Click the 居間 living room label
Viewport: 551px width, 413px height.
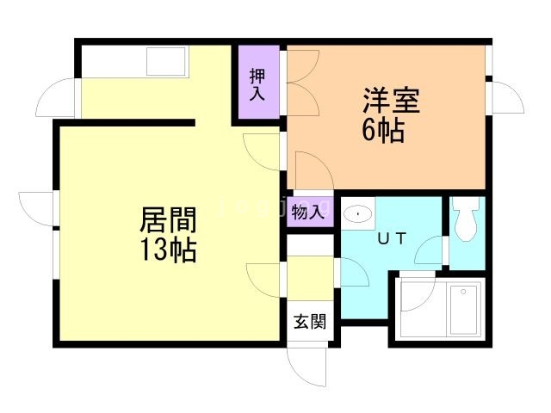tap(168, 220)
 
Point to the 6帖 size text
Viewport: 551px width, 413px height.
tap(385, 132)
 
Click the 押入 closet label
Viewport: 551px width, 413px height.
tap(257, 83)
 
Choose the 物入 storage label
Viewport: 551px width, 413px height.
tap(307, 211)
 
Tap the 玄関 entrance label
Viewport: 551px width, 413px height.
tap(310, 323)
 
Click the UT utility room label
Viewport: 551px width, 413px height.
tap(390, 238)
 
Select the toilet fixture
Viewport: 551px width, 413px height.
tap(467, 220)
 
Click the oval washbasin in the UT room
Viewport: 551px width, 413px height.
tap(358, 213)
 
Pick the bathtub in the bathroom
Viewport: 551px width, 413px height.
tap(465, 309)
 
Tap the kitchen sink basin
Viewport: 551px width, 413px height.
tap(167, 62)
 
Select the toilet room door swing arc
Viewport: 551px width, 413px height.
tap(428, 253)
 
